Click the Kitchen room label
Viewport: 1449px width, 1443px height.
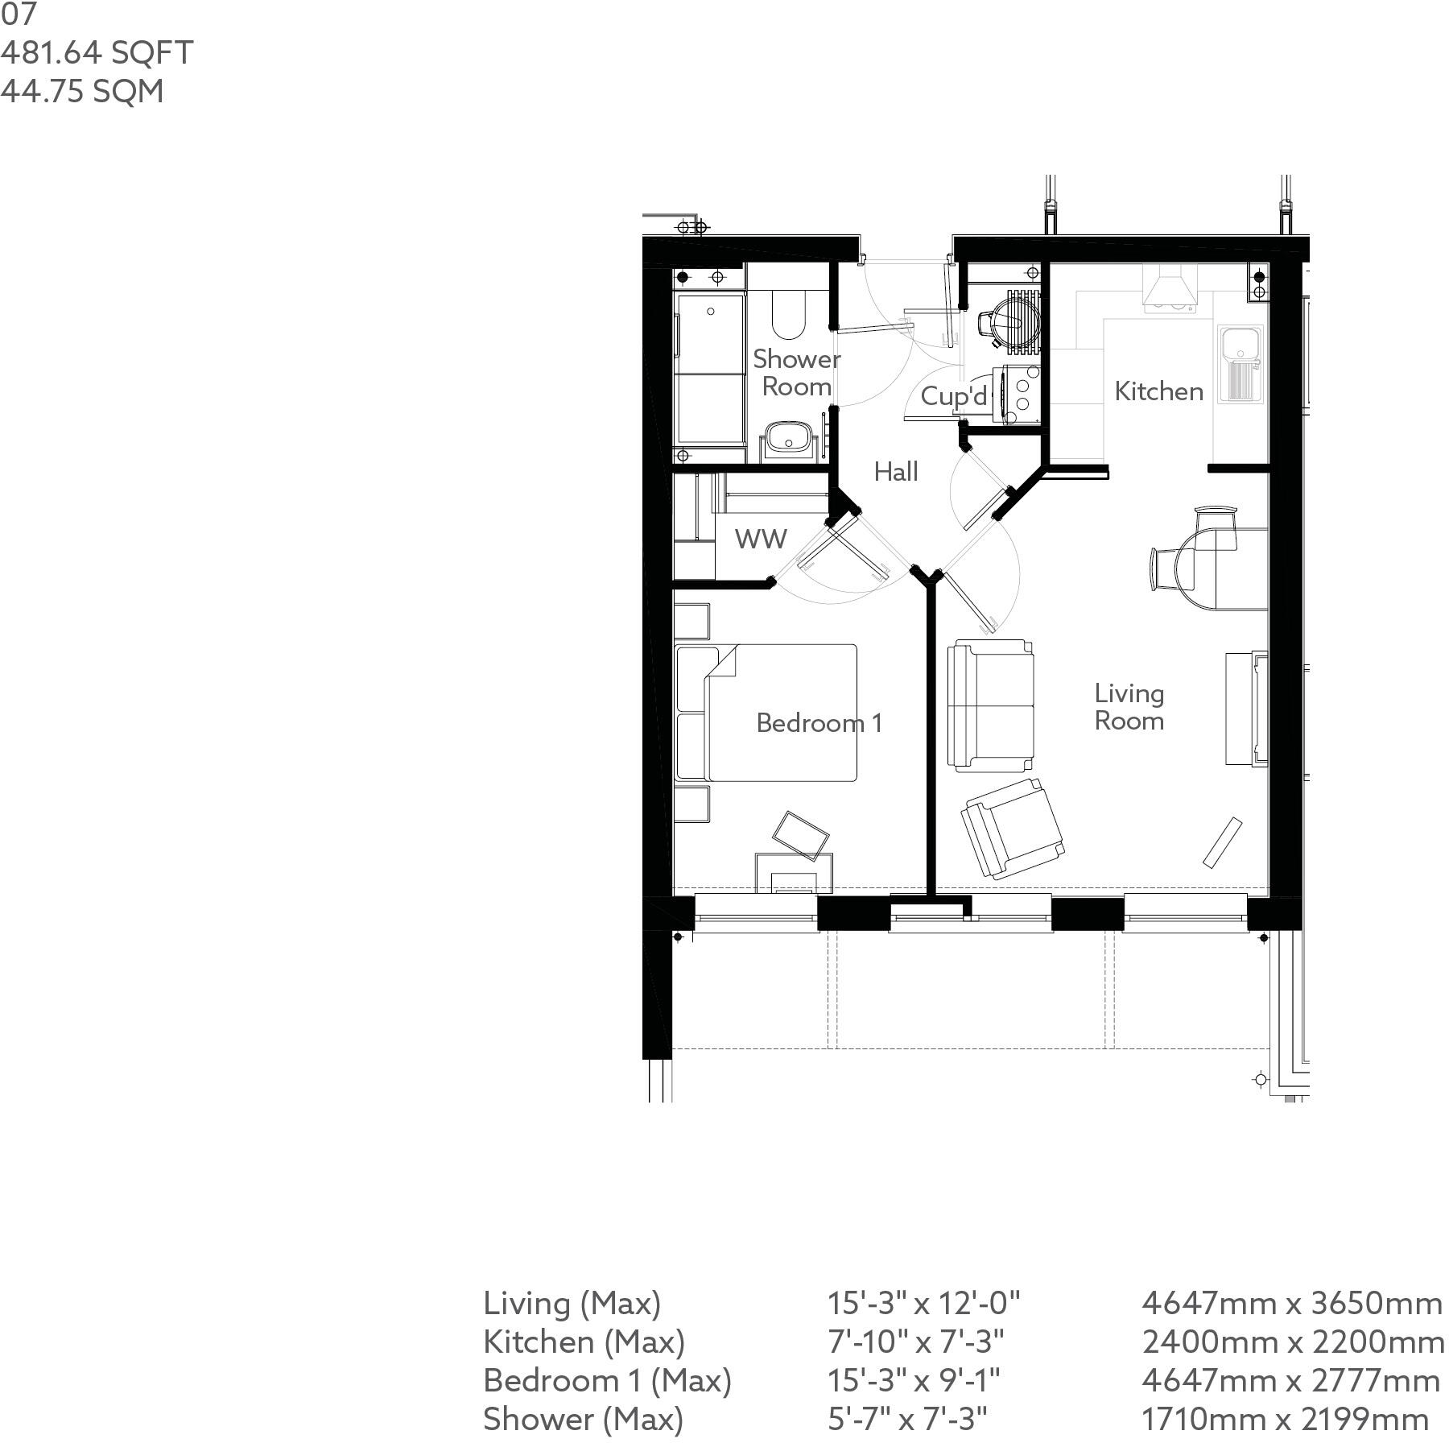coord(1158,391)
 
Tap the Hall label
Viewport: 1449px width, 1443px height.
coord(896,471)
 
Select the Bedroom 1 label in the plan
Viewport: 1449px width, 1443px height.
coord(819,722)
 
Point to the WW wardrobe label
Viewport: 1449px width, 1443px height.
coord(761,539)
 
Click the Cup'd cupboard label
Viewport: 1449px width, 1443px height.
coord(954,395)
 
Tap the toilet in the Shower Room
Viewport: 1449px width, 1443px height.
coord(788,316)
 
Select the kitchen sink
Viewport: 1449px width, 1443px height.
coord(1241,363)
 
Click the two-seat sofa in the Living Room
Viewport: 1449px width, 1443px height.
coord(991,705)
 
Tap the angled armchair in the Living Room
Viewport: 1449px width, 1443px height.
coord(1013,829)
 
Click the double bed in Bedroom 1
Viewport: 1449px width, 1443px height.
coord(766,713)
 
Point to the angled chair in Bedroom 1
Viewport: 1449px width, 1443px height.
coord(801,835)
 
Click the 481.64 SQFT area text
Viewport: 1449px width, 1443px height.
coord(97,52)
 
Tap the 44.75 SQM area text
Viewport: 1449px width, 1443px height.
coord(82,91)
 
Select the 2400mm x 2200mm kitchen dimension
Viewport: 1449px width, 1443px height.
coord(1293,1342)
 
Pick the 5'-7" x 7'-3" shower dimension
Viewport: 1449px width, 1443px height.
coord(907,1419)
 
